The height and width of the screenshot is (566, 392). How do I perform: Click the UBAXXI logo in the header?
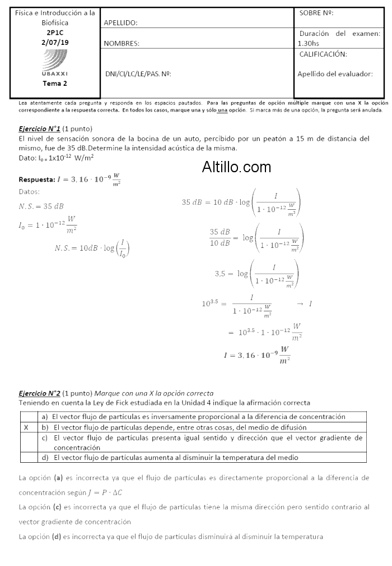[55, 62]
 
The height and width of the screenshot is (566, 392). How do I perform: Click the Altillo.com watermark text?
[236, 167]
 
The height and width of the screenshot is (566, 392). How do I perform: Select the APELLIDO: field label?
[121, 23]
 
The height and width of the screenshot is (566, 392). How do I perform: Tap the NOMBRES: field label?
[122, 43]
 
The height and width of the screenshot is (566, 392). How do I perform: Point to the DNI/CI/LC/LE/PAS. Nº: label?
[138, 73]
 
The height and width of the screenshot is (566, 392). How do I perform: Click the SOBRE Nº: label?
[317, 13]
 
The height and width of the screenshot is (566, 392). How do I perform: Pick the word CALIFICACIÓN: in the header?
[323, 54]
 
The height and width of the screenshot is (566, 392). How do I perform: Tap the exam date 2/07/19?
[55, 42]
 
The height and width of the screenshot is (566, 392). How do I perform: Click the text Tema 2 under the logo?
[55, 84]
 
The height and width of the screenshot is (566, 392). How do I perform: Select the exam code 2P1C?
[55, 33]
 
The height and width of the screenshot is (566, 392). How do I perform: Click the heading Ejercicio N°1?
[39, 128]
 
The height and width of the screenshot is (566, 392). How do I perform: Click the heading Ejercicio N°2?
[39, 393]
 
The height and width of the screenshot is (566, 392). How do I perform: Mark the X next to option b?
[26, 427]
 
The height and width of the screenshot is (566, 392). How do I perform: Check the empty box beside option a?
[26, 417]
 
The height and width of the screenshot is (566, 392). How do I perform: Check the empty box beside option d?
[26, 457]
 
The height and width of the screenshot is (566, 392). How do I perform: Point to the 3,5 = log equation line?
[257, 273]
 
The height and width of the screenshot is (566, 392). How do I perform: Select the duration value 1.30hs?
[309, 43]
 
